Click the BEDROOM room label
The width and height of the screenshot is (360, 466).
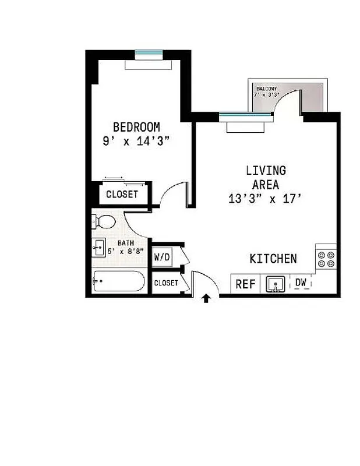(136, 126)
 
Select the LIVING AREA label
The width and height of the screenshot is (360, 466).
(266, 177)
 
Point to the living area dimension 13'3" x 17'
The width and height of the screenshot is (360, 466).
(266, 199)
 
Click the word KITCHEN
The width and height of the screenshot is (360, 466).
(273, 259)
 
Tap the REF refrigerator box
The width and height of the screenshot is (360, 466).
(245, 284)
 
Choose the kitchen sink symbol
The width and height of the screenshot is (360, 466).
(275, 284)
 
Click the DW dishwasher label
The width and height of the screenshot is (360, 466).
(301, 283)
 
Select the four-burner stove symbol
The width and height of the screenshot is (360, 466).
(326, 259)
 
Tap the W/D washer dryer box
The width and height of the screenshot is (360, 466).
(161, 257)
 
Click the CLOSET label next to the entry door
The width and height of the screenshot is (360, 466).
(166, 283)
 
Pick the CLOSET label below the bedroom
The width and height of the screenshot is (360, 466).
(122, 194)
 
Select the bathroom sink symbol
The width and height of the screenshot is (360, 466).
(98, 248)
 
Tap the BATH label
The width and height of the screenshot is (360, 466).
(125, 243)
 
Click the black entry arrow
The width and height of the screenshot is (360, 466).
(206, 299)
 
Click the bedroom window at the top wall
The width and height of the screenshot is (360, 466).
(148, 55)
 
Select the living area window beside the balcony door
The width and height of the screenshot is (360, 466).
(245, 116)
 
